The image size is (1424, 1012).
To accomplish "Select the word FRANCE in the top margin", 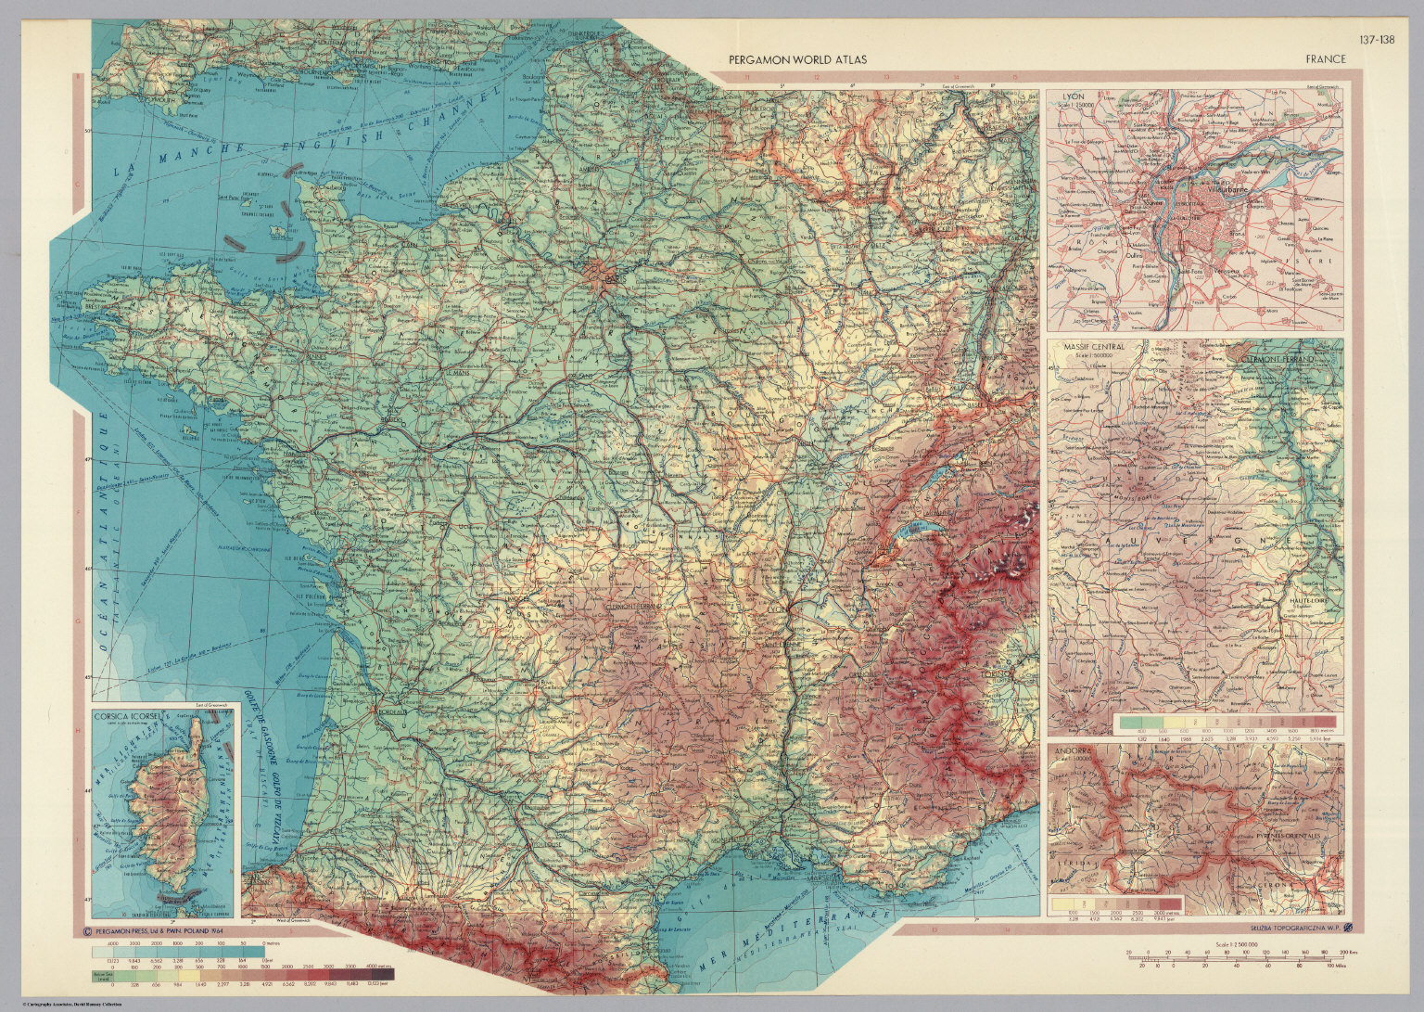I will coord(1325,59).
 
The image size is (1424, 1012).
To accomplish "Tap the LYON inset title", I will coord(1073,96).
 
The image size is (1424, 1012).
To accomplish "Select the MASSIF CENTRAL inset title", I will coord(1094,347).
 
